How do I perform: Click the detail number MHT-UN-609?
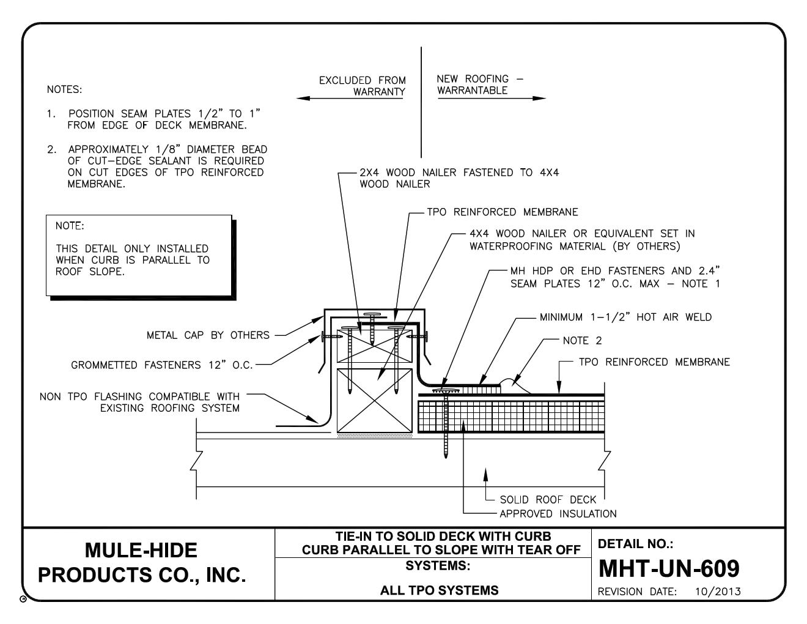[x=669, y=568]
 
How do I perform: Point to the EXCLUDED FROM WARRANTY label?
[x=362, y=86]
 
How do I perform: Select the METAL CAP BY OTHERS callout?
[x=208, y=335]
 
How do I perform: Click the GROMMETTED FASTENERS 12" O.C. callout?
[x=161, y=365]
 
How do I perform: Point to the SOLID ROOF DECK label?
[x=547, y=499]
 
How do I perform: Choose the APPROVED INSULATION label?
[x=558, y=514]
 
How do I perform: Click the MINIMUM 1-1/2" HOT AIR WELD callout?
[x=625, y=318]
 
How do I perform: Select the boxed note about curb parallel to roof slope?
[x=139, y=255]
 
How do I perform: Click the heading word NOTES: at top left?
[x=64, y=90]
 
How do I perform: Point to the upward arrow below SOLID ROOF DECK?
[x=486, y=474]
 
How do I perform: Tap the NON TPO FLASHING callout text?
[x=139, y=403]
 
